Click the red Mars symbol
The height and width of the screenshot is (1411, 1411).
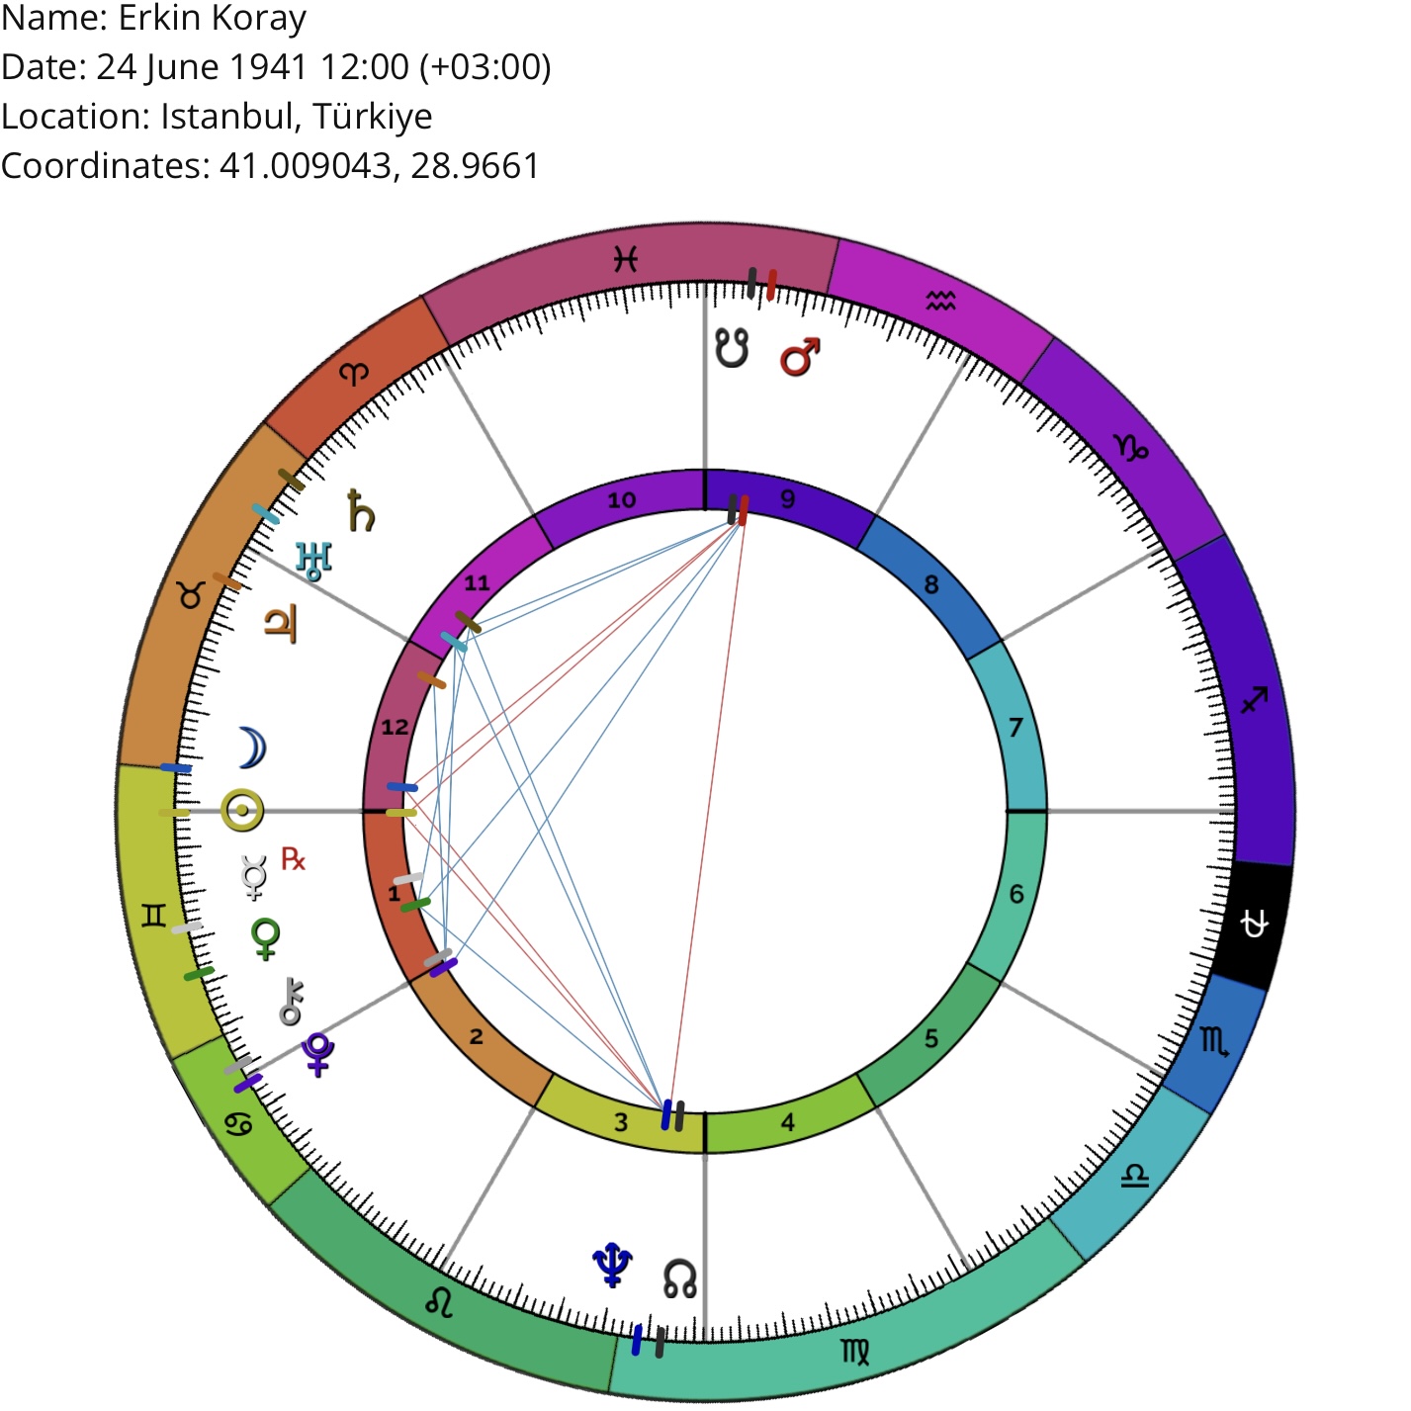point(800,357)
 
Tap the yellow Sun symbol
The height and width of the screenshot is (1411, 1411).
point(242,811)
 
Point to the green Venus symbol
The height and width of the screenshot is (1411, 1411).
point(266,939)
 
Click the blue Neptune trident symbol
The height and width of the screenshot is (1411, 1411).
point(613,1265)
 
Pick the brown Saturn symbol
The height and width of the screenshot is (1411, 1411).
point(360,510)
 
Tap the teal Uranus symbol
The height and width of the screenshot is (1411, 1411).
point(313,561)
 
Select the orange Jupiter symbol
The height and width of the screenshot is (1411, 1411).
point(281,624)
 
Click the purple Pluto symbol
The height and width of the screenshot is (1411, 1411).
point(318,1054)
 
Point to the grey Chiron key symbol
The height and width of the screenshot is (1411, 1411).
point(292,1001)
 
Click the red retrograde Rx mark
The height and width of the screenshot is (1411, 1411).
point(293,858)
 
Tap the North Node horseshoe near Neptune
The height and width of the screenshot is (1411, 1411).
point(679,1279)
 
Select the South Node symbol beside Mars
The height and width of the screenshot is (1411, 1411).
point(733,348)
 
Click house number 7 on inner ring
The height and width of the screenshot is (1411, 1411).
point(1015,727)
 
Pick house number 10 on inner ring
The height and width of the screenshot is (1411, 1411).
point(622,500)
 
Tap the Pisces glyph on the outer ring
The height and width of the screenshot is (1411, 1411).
point(626,259)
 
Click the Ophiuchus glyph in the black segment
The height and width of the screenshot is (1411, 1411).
point(1255,925)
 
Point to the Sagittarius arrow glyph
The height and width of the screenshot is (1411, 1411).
point(1255,700)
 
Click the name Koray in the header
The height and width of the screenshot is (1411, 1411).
point(258,19)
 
